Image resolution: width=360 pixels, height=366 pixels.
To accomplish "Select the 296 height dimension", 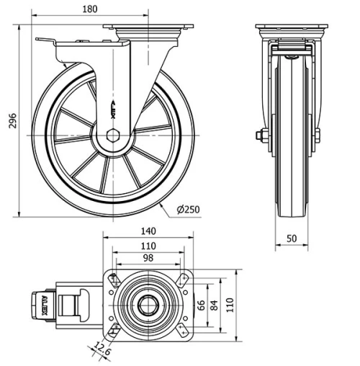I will [11, 121].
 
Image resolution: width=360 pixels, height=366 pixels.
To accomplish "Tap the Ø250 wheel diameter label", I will [189, 210].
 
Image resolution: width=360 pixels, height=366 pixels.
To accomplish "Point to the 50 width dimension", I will [292, 238].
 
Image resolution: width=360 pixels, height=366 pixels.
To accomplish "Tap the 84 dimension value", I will [213, 305].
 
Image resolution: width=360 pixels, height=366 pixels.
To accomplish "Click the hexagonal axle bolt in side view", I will [112, 134].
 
